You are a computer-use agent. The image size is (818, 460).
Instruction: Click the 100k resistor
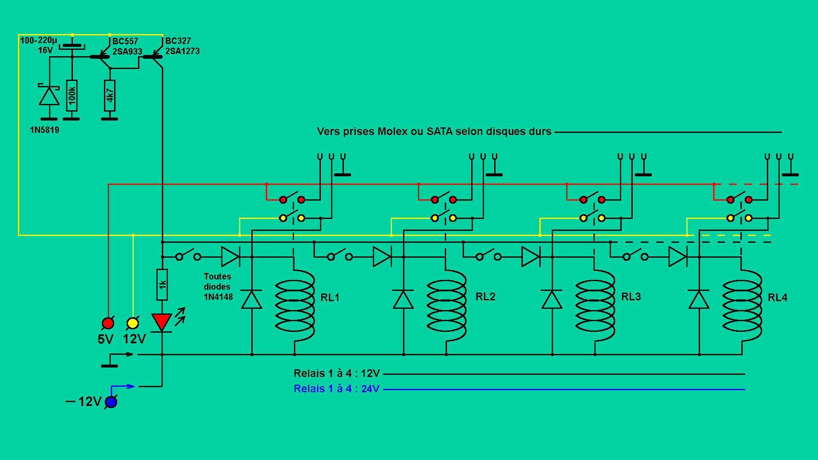tap(72, 95)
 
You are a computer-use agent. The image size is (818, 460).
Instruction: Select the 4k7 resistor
tap(109, 95)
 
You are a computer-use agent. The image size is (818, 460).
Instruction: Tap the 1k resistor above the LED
tap(162, 284)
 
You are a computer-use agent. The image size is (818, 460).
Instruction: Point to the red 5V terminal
tap(108, 323)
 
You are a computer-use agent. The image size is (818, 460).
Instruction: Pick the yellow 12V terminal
tap(132, 323)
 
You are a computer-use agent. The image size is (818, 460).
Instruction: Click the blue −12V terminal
tap(111, 402)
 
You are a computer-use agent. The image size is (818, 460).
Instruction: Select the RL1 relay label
tap(330, 297)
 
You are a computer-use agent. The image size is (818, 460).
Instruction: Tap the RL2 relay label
tap(485, 296)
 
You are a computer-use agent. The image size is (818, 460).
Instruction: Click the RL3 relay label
tap(631, 296)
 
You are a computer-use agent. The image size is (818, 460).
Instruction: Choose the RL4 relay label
tap(777, 297)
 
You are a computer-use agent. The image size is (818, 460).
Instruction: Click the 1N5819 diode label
tap(44, 130)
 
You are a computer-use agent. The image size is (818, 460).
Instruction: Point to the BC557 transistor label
tap(125, 41)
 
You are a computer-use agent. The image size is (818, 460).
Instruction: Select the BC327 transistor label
tap(178, 41)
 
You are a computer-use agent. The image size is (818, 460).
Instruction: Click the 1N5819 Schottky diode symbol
tap(49, 96)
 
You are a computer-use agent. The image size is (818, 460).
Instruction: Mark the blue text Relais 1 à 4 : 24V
tap(336, 388)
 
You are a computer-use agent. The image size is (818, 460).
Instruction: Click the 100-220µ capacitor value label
tap(38, 40)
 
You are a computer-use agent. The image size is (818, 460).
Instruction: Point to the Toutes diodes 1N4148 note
tap(218, 287)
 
